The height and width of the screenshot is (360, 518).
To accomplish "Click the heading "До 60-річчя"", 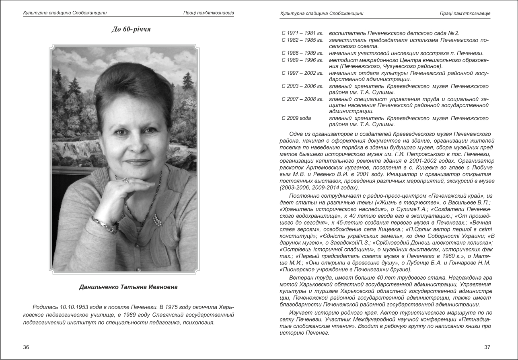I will click(x=131, y=29).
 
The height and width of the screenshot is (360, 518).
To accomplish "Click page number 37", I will click(x=487, y=347).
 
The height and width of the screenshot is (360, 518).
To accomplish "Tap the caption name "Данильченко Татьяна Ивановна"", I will click(x=128, y=287).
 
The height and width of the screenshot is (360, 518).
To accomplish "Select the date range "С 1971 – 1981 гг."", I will click(x=302, y=33).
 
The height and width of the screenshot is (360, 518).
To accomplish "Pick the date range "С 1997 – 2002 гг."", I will click(x=302, y=73).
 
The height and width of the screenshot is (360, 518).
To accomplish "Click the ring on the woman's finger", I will click(x=126, y=180).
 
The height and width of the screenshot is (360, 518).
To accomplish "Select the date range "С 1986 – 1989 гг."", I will click(x=302, y=53).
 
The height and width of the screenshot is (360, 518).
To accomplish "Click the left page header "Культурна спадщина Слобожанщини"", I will click(x=65, y=13).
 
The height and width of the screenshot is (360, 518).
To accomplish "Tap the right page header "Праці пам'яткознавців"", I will click(x=465, y=13).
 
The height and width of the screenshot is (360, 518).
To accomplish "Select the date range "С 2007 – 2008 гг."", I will click(x=302, y=99).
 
